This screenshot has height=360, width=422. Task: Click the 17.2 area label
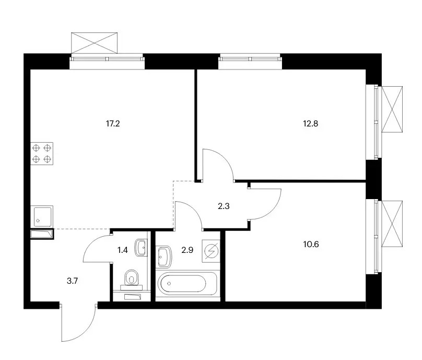coord(113,124)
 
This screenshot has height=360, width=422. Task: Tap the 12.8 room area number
coord(311,124)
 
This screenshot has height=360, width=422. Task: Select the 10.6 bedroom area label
coord(311,244)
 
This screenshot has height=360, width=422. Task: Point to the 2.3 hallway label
coord(224,206)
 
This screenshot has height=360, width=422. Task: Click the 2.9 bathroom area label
coord(187,250)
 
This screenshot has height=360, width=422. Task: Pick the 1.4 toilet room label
coord(122,250)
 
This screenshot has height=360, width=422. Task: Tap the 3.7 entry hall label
coord(72,281)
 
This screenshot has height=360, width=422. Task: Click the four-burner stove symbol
coord(42,154)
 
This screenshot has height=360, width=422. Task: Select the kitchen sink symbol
coord(42,216)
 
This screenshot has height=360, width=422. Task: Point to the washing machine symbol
coord(211,251)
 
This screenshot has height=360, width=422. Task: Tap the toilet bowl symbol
coord(132,278)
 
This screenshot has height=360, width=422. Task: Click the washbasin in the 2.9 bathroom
coord(164,257)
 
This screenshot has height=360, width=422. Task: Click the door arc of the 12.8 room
coord(224,156)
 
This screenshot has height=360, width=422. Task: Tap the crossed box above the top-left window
coord(94,43)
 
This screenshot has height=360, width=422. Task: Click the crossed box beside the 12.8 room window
coord(392,109)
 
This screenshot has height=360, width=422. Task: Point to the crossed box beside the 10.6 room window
coord(392,224)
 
